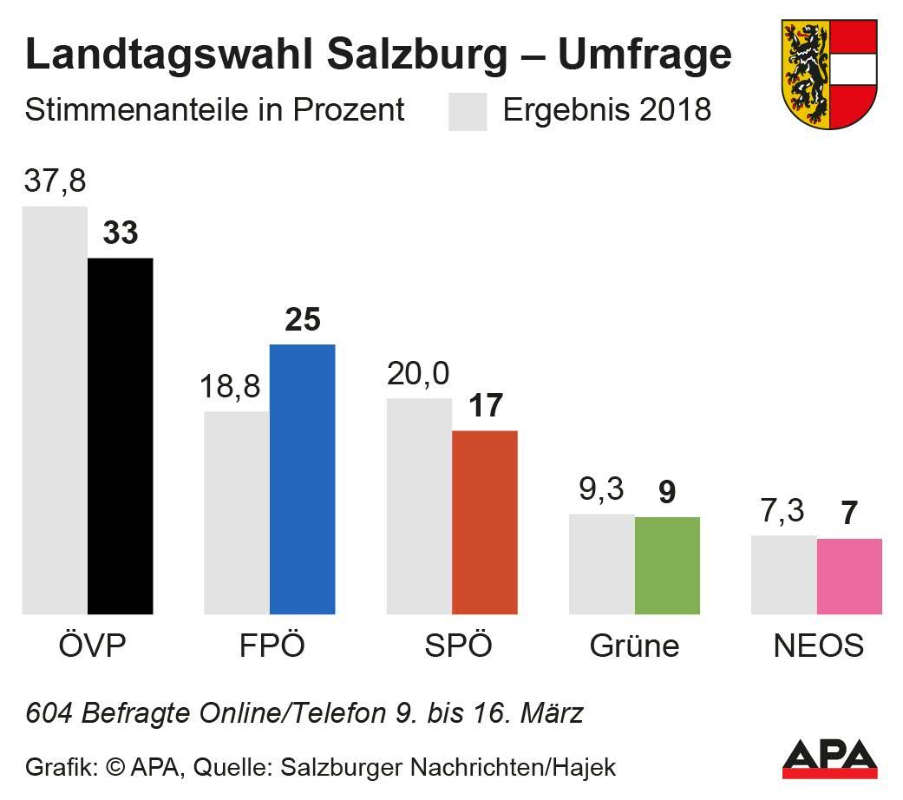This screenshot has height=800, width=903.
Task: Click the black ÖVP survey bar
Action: pos(121,436)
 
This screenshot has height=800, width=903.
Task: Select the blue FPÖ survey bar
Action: pos(302,479)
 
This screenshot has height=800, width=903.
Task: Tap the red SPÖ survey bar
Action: pos(485,522)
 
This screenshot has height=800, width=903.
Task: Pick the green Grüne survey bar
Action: pos(667,566)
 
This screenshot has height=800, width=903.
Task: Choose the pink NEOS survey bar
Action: pos(849,576)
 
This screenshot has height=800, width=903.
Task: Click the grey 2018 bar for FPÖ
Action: pos(237,512)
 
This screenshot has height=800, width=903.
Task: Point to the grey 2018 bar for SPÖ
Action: pos(419,506)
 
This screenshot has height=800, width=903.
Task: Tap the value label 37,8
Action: pos(55,183)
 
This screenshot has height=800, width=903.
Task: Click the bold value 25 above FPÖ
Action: pos(302,320)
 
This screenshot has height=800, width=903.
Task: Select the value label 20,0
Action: pos(418,374)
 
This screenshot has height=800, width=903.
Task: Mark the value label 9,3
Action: pos(601,490)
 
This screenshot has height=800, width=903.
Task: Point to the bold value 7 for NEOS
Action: pos(849,514)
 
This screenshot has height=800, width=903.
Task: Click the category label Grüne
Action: pos(634,646)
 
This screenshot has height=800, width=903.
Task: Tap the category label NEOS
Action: pos(818,646)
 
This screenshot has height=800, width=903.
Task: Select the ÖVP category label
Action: pos(87,646)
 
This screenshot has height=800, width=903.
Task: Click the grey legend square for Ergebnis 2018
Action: pos(468,112)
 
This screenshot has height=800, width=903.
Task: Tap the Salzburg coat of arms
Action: pos(829,73)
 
